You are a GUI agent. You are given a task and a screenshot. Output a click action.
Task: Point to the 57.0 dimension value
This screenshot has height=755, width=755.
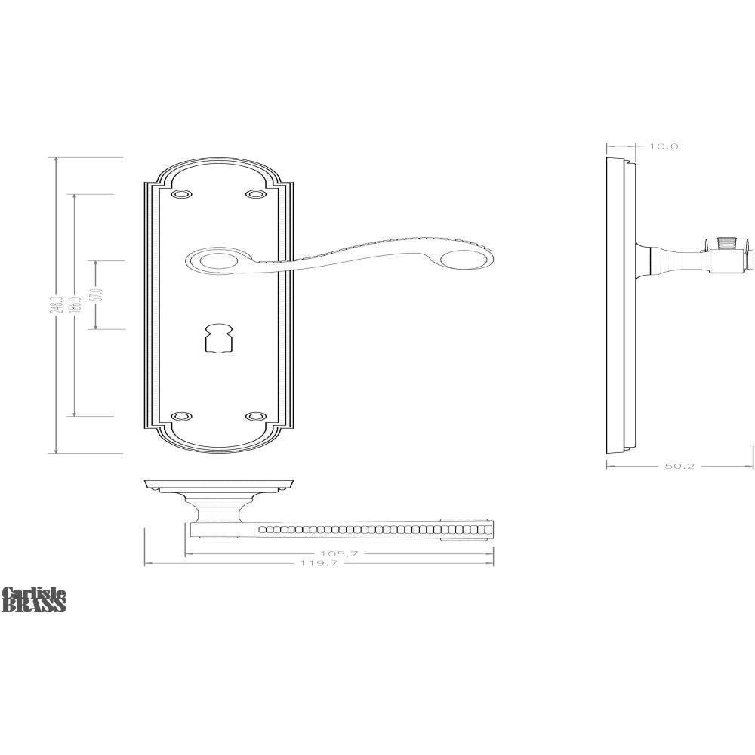95,295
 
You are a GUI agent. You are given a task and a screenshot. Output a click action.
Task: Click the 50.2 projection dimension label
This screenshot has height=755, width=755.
679,467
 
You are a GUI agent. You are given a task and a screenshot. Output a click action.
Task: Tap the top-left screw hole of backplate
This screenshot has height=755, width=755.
180,195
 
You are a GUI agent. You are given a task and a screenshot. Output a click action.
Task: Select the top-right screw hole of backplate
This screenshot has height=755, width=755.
257,195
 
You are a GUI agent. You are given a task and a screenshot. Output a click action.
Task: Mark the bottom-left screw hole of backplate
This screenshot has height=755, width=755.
180,416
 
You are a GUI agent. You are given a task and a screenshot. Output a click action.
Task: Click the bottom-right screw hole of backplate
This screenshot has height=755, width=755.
257,416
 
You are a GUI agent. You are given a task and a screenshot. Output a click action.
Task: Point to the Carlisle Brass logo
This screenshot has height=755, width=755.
34,599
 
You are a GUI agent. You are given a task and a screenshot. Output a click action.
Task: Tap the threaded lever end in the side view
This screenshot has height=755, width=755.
726,244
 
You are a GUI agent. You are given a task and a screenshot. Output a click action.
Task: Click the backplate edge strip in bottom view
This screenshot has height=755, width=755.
219,483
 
